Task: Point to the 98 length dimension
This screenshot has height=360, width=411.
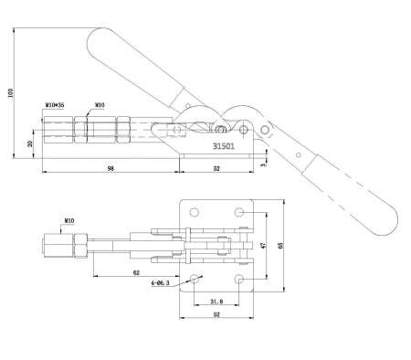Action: [110, 169]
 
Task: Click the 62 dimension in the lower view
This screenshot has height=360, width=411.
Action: [135, 272]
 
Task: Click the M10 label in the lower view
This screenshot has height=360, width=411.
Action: [68, 221]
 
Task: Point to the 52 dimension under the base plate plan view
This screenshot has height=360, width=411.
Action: [216, 316]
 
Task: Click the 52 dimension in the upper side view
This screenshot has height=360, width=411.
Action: [217, 169]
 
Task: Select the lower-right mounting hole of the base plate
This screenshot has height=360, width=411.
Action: [239, 278]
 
